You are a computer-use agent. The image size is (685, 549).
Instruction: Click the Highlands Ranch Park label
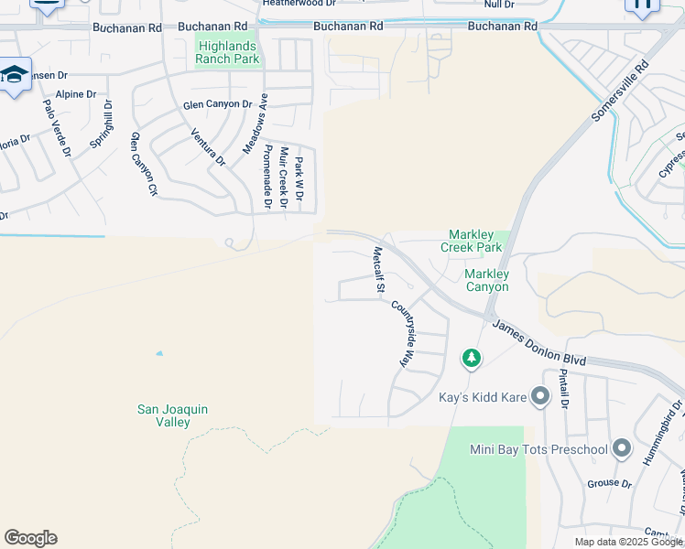pos(227,51)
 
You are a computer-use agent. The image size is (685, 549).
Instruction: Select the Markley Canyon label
pos(486,280)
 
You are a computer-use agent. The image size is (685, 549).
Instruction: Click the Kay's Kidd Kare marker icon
pos(540,396)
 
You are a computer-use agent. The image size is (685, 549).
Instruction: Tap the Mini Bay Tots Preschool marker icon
pos(623,448)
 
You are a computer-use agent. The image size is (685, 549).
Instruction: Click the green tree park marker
pos(472,358)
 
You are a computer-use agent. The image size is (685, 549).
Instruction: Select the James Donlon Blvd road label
pos(538,340)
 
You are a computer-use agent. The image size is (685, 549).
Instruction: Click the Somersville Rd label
pos(620,90)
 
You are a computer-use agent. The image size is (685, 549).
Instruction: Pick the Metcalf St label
pos(377,269)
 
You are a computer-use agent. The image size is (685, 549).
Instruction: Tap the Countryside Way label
pos(404,335)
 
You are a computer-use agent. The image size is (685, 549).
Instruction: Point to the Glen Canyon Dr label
pos(217,104)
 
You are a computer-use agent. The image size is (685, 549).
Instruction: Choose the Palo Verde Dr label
pos(57,126)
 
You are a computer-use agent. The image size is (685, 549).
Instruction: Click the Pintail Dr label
pos(564,390)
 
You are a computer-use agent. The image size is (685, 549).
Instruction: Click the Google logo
pos(30,538)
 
